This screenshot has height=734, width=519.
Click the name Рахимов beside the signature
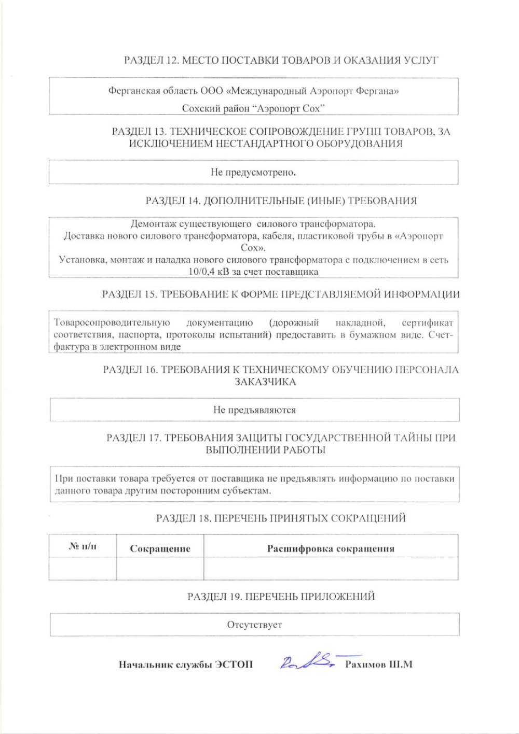click(x=365, y=665)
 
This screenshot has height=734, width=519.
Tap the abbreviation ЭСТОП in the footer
click(x=234, y=665)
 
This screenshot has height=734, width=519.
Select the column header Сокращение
click(x=160, y=548)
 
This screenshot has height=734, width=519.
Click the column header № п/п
click(x=83, y=546)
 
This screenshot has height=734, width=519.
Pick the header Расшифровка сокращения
click(x=331, y=548)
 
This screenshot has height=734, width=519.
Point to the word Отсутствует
click(x=254, y=625)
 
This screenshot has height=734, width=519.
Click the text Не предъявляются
click(x=254, y=410)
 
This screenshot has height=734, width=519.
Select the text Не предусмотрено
click(x=253, y=172)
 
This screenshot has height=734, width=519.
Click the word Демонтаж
click(x=154, y=224)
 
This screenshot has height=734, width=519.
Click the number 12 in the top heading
click(x=172, y=60)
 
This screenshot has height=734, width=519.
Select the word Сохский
click(x=198, y=108)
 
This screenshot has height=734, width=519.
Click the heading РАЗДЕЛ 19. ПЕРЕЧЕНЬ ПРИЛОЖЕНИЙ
click(x=281, y=597)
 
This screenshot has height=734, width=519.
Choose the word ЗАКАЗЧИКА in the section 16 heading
click(x=265, y=382)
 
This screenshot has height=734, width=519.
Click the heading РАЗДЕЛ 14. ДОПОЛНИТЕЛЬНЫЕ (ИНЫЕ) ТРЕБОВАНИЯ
click(x=281, y=201)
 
